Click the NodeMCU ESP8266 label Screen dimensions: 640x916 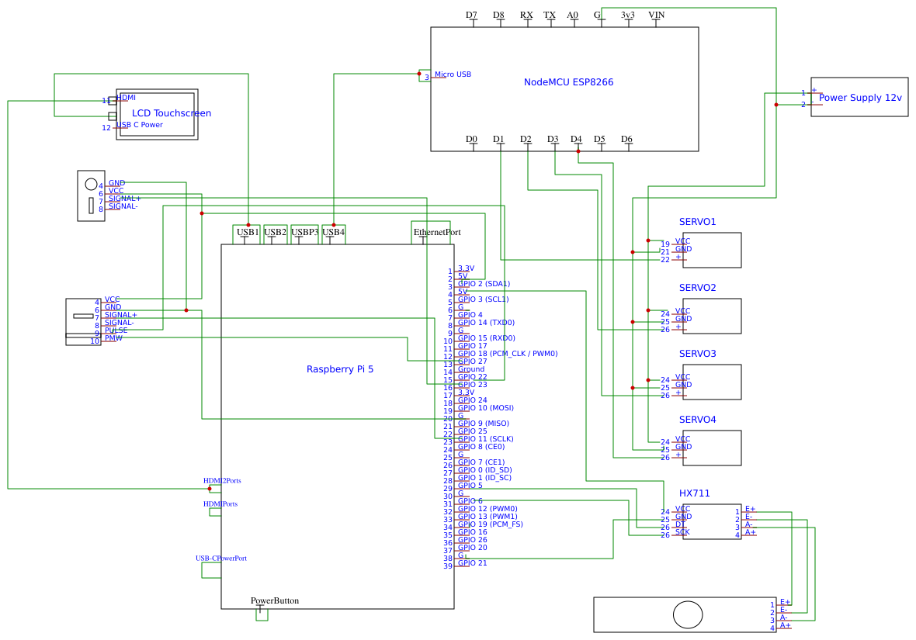tap(568, 82)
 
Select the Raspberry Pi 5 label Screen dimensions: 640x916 tap(340, 369)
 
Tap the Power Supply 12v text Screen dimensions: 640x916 tap(860, 98)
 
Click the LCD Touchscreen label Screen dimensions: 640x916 tap(172, 113)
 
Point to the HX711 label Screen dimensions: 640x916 tap(694, 493)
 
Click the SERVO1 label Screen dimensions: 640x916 tap(697, 222)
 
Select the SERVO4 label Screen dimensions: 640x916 tap(697, 420)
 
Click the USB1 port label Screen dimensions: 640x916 tap(248, 232)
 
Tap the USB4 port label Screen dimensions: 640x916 tap(333, 232)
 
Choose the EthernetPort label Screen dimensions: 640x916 tap(437, 232)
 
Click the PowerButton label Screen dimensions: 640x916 tap(274, 600)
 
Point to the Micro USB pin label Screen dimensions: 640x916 tap(453, 74)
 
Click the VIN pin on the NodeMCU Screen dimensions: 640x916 tap(656, 15)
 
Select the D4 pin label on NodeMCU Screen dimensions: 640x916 tap(576, 140)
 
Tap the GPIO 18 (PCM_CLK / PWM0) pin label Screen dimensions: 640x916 tap(508, 354)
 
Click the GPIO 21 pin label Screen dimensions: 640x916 tap(473, 563)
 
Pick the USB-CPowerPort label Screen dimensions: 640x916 tap(221, 559)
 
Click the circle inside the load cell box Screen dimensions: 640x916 tap(688, 614)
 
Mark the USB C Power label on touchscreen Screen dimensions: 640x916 tap(140, 125)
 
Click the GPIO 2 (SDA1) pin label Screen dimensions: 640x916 tap(484, 284)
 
